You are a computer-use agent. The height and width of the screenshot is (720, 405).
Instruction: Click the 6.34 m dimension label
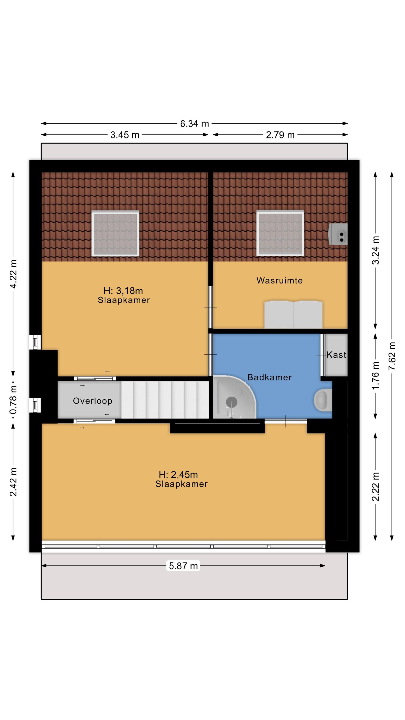point(194,123)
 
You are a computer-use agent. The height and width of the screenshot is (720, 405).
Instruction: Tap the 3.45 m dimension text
point(125,135)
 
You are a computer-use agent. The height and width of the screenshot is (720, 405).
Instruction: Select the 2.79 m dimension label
point(280,135)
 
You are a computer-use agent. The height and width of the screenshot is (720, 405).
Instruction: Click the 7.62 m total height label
point(392,356)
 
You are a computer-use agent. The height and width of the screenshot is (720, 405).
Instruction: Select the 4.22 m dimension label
point(13,274)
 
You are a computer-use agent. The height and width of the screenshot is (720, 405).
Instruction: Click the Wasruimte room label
point(280,280)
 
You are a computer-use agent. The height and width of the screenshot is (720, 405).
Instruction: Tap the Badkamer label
point(269,377)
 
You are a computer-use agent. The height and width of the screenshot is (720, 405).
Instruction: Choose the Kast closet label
point(337,355)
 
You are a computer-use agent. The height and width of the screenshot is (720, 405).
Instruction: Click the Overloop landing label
point(93,401)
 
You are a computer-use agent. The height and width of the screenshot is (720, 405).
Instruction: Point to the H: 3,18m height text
point(123,291)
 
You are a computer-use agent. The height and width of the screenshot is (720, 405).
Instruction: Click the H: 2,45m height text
point(178,474)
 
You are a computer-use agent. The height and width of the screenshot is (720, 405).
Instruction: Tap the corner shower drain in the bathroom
point(232,402)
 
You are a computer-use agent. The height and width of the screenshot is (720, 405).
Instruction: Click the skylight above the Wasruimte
point(280,233)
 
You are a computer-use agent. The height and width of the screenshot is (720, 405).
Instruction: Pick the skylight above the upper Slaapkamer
point(115,233)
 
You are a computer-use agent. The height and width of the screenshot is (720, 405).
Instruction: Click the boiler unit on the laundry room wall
point(338,234)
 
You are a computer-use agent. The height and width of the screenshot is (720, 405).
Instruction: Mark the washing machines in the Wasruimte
point(293,314)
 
